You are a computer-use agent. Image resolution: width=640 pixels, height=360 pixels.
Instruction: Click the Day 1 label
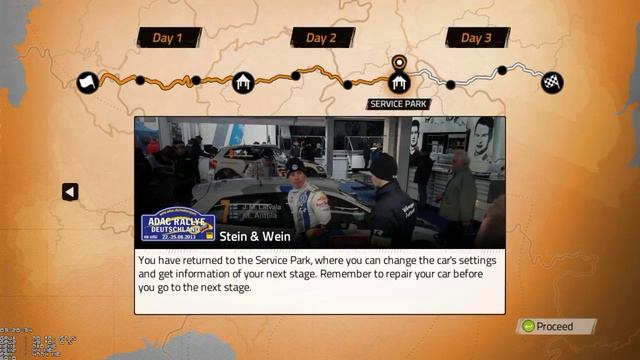(168, 38)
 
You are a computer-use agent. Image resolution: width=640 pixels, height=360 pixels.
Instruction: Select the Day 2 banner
(322, 38)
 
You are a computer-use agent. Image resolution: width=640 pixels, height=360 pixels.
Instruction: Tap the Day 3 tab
(477, 38)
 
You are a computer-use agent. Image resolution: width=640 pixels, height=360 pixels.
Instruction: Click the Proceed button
(555, 326)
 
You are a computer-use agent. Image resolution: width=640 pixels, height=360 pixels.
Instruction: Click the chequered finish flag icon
(552, 82)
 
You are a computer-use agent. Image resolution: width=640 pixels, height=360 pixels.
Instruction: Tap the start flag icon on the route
(88, 82)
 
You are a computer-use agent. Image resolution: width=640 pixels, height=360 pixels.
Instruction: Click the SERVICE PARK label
(399, 104)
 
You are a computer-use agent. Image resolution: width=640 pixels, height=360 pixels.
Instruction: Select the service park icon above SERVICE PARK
(399, 82)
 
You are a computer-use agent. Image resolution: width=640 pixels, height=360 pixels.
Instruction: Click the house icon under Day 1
(244, 82)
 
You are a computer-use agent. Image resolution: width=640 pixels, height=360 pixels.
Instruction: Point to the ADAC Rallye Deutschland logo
(177, 226)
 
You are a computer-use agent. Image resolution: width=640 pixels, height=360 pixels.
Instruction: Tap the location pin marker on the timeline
(399, 62)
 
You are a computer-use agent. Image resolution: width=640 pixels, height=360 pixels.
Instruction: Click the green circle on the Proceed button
(527, 326)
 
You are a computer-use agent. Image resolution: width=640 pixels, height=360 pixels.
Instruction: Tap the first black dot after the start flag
(140, 80)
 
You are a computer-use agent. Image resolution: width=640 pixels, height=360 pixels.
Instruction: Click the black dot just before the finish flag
(502, 71)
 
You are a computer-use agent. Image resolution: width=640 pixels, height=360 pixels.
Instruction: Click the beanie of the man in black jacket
(383, 161)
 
